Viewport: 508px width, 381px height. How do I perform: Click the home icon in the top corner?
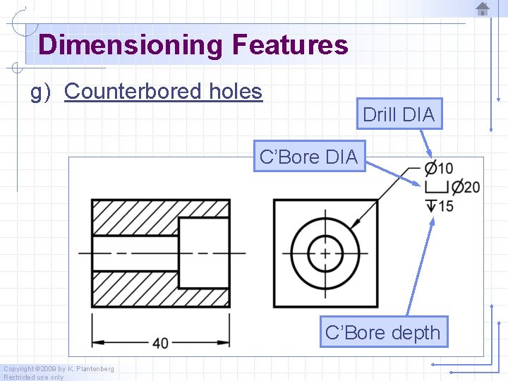[483, 9]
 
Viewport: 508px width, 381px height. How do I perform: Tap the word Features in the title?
[289, 44]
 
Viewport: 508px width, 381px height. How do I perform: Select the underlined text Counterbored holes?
[163, 92]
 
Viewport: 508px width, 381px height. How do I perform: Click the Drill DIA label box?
[399, 114]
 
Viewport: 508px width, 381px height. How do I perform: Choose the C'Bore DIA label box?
[308, 157]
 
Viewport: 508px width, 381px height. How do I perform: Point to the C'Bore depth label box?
[382, 332]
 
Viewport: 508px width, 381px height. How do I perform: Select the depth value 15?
[445, 206]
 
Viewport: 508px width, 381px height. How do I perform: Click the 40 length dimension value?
[160, 343]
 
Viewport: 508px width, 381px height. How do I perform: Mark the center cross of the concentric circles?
[325, 253]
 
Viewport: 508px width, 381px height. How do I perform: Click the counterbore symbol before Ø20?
[437, 187]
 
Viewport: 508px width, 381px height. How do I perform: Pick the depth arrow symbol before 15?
[430, 206]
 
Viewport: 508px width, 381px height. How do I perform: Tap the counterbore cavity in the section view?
[203, 253]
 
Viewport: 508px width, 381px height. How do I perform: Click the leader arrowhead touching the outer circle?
[355, 224]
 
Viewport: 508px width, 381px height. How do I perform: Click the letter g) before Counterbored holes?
[40, 92]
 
